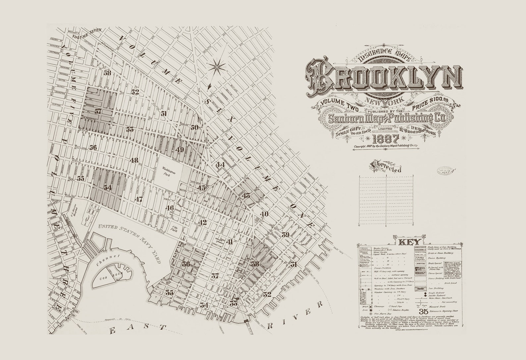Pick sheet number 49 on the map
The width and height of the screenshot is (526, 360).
(180, 149)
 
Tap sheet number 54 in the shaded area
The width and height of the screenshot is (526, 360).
(107, 187)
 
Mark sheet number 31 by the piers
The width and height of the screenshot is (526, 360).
(293, 264)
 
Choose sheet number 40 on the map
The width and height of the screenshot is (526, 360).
(264, 214)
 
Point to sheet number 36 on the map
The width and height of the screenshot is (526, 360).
(186, 264)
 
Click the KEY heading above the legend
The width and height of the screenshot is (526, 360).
(410, 241)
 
